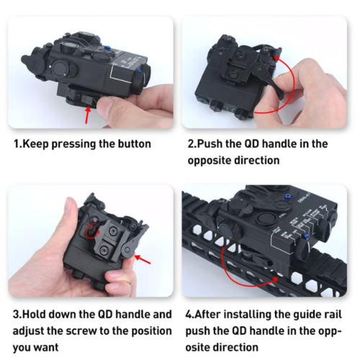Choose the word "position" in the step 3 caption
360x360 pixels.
coord(152,331)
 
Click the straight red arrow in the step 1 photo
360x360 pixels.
coord(88,115)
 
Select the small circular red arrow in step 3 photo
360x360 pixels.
coord(92,231)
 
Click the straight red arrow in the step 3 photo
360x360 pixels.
coord(143,259)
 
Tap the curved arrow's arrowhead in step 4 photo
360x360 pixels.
coord(274,279)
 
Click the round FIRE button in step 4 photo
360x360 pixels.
coord(265,218)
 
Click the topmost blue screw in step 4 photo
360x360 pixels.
coord(287,197)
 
